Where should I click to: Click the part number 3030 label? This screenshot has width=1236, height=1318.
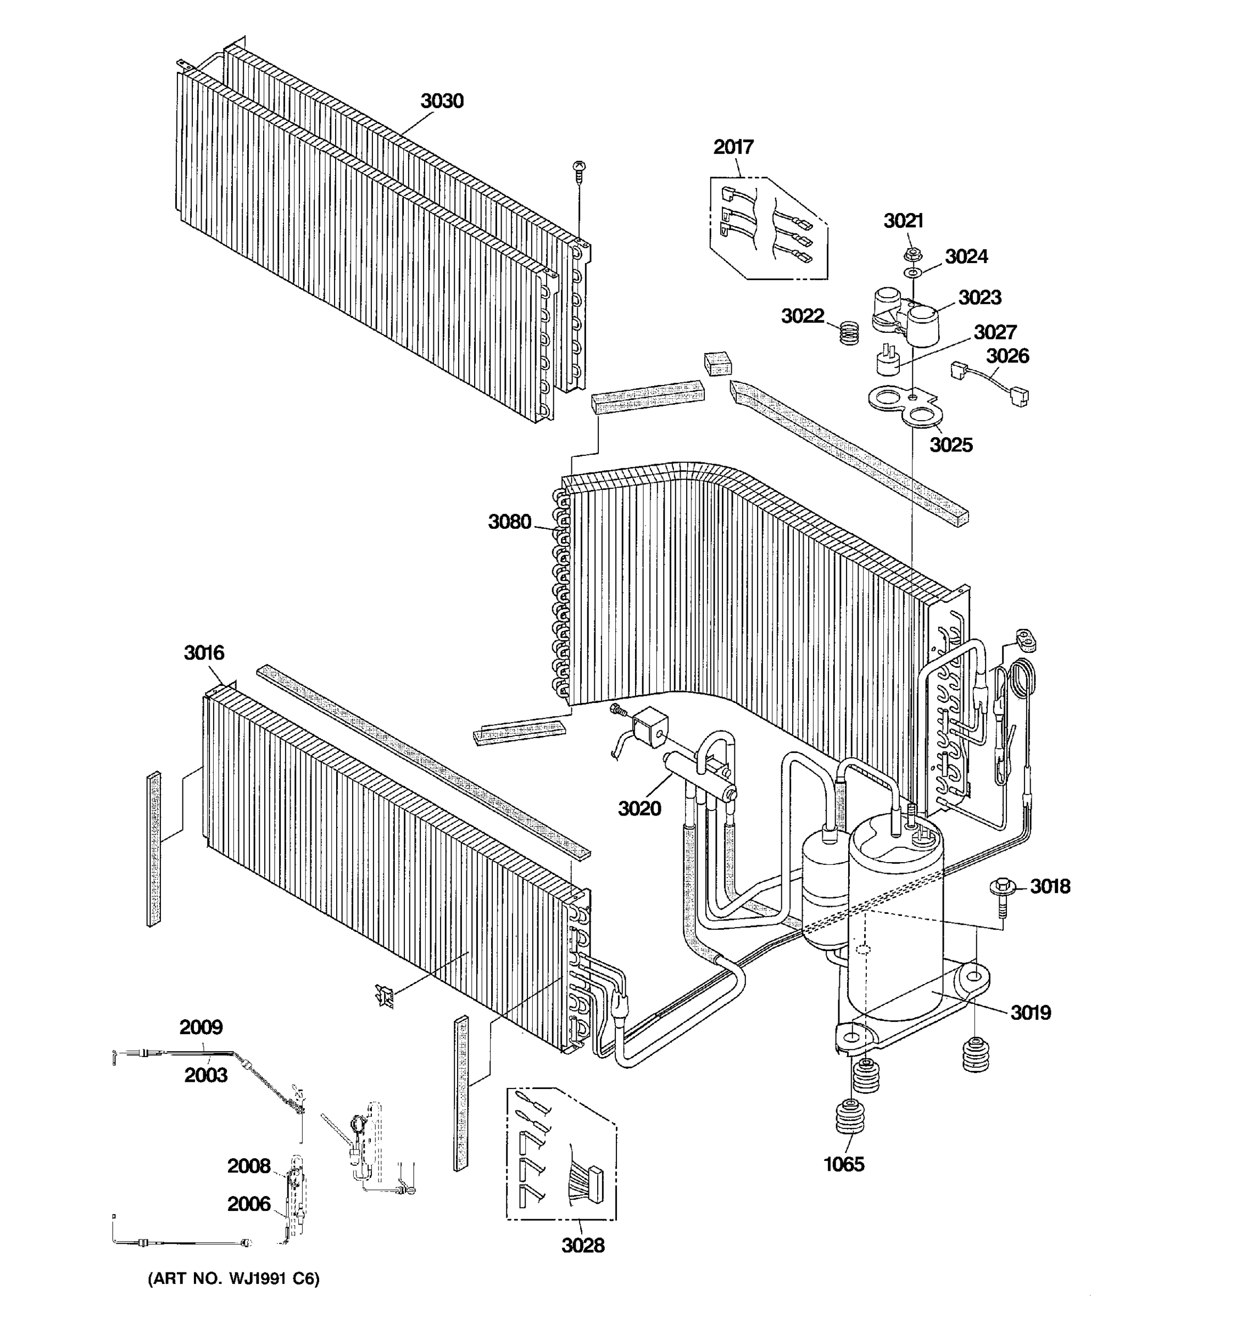(442, 102)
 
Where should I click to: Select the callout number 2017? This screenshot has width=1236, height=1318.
(733, 147)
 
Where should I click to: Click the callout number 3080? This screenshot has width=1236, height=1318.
(509, 522)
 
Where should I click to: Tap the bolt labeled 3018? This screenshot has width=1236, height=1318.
(1002, 890)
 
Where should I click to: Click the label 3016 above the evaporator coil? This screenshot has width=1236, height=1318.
(204, 653)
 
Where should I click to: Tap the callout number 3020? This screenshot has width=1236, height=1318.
(639, 809)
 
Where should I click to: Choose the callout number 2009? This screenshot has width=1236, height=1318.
(201, 1027)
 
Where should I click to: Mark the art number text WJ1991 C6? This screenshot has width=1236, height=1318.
(233, 1279)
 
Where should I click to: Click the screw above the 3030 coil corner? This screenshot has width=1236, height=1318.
(579, 171)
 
